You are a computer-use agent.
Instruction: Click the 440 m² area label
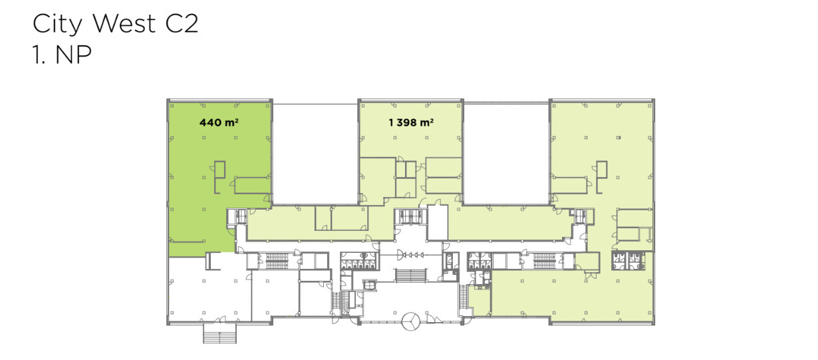tap(219, 122)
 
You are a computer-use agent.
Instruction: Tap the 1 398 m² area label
tap(411, 122)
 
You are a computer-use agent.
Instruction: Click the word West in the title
tap(124, 23)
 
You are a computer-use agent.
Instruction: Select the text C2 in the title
tap(182, 23)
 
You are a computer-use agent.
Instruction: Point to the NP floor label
tap(73, 55)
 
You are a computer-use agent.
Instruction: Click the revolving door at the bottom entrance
tap(411, 321)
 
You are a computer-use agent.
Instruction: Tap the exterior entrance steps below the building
tap(220, 334)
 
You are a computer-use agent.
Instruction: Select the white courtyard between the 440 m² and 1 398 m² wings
tap(315, 154)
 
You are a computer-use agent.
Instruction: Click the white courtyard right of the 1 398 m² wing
tap(506, 154)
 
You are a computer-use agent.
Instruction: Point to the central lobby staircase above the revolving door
tap(411, 275)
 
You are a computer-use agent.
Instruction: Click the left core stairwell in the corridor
tap(277, 261)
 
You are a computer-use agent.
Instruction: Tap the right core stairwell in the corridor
tap(545, 261)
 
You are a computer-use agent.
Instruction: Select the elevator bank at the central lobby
tap(410, 216)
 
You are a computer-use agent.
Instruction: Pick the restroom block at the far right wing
tap(628, 261)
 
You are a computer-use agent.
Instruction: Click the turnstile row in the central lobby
tap(411, 255)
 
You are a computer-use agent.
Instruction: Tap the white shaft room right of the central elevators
tap(438, 222)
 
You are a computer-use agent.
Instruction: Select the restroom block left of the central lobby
tap(358, 261)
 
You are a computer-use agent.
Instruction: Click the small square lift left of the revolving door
tap(369, 285)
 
